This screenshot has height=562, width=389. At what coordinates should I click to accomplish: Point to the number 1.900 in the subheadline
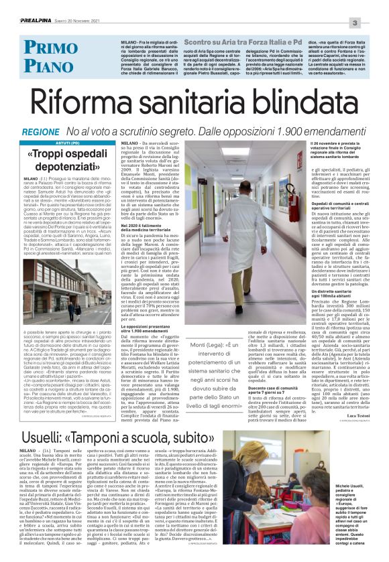click(295, 133)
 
